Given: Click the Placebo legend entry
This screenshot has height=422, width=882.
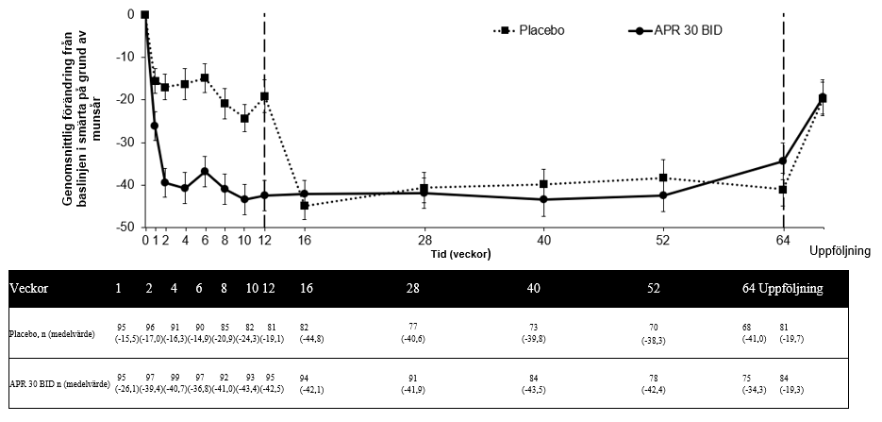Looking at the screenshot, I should (x=541, y=30).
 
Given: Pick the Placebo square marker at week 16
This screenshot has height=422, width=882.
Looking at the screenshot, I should (x=305, y=205).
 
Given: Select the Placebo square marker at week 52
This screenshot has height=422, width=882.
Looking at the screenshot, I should (x=663, y=177).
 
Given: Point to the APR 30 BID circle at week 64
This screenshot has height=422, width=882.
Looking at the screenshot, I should (x=783, y=161).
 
